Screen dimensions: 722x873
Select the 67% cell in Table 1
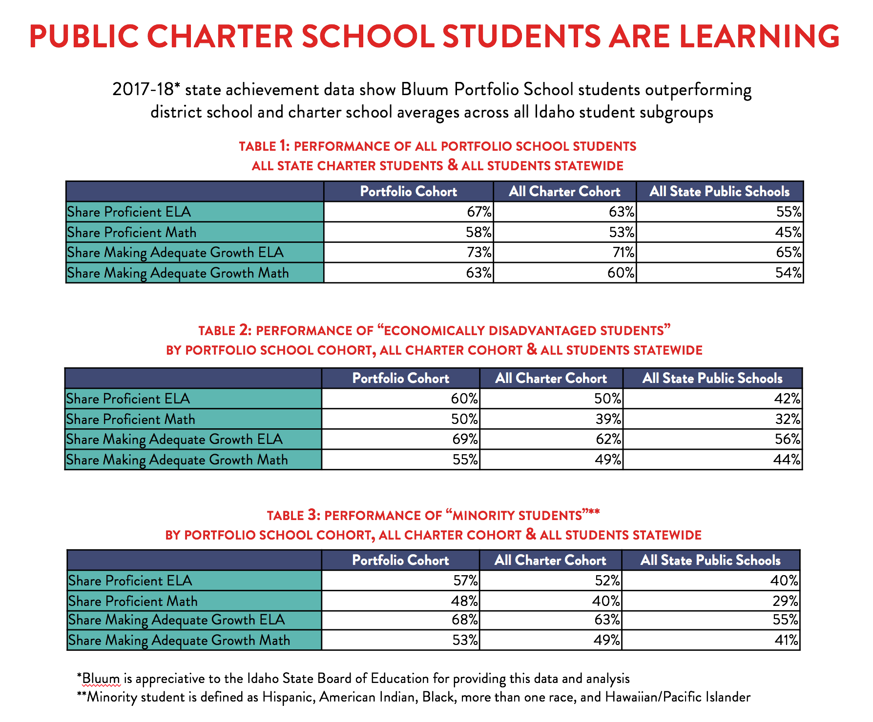point(479,212)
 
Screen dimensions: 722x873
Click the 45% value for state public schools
point(788,232)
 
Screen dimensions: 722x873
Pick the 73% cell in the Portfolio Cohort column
point(479,252)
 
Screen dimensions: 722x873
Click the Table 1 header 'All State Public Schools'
point(719,191)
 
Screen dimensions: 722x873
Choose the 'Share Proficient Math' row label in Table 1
point(132,232)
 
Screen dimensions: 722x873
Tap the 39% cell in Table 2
point(608,419)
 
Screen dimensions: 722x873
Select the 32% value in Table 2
point(787,419)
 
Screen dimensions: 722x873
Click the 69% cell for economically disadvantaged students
point(465,439)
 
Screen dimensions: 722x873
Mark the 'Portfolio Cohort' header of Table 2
point(400,378)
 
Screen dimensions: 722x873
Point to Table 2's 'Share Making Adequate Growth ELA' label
point(174,439)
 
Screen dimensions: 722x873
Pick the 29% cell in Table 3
point(785,601)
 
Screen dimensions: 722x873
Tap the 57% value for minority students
point(465,581)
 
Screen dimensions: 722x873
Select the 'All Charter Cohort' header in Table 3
point(550,560)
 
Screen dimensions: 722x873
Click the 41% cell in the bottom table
point(786,640)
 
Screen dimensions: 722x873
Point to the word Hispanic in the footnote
point(287,697)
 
